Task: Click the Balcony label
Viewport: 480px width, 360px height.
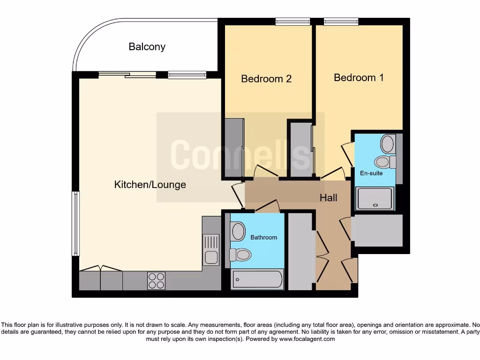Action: (147, 47)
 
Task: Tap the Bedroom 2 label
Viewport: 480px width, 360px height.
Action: (266, 79)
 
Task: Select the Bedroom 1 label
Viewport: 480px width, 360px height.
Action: (359, 77)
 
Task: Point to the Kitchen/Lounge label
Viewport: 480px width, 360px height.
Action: (150, 185)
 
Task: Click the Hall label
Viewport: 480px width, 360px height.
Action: (328, 198)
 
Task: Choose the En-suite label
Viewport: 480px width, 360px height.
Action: (371, 173)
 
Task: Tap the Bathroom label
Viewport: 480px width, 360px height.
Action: (263, 238)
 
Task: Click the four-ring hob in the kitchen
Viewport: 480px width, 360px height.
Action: (156, 280)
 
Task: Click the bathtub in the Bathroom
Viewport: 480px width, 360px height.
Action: (258, 280)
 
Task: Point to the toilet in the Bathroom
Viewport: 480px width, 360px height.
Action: (240, 255)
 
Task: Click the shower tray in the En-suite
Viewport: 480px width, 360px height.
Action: (375, 198)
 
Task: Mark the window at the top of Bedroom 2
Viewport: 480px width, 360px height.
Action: (292, 21)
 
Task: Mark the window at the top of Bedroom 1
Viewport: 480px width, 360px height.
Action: (341, 21)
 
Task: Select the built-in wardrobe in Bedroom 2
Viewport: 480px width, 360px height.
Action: (234, 147)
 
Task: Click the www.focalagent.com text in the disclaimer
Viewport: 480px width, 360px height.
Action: (307, 339)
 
